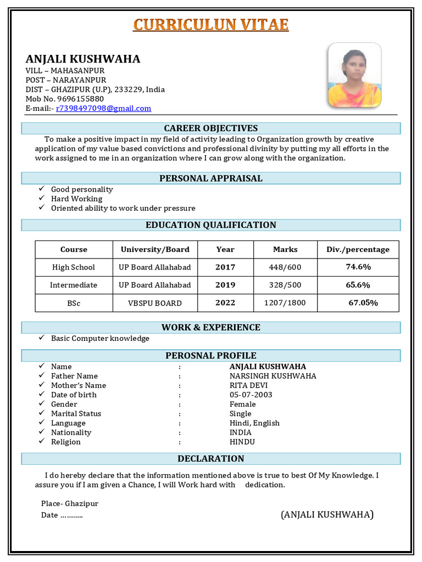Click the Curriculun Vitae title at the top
[211, 25]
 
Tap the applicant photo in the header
[354, 75]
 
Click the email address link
[103, 108]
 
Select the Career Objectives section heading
[211, 128]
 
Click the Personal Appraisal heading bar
[211, 178]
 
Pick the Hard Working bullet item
[76, 199]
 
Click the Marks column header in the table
[285, 249]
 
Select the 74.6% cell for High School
[358, 267]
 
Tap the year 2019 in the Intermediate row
[225, 285]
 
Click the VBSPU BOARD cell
[155, 303]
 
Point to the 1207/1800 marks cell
[285, 303]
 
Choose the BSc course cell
[74, 303]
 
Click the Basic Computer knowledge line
[100, 339]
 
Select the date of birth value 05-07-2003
[251, 395]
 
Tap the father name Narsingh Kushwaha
[273, 376]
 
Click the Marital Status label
[76, 413]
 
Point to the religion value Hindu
[242, 442]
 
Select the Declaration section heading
[211, 458]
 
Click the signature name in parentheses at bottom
[327, 514]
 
